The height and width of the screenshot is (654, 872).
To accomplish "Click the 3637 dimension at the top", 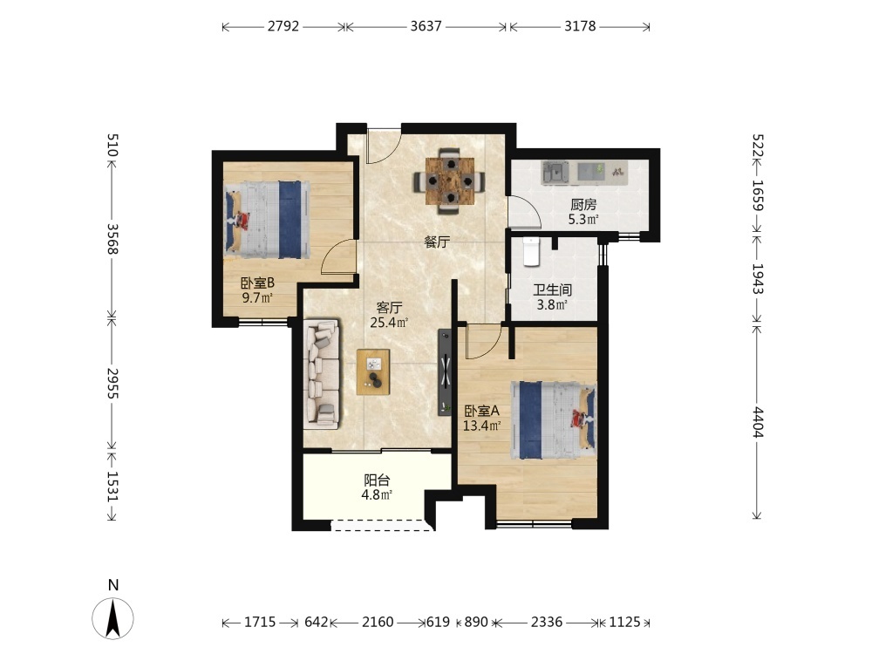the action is tap(426, 26).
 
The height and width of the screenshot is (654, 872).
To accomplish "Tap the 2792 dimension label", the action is tap(283, 26).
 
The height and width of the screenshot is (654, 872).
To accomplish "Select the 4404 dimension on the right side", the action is tap(758, 422).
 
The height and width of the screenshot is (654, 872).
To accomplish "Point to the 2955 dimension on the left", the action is tap(112, 383).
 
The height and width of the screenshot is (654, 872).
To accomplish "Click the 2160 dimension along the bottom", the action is tap(378, 622).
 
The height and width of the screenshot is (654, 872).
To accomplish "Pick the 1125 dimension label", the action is tap(624, 622).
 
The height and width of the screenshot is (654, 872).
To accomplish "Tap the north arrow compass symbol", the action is tap(112, 618).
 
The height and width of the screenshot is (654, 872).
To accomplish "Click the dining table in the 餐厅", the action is tap(449, 181).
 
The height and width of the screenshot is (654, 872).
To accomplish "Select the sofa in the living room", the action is tap(322, 374).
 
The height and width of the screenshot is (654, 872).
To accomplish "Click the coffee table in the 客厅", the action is tap(373, 372).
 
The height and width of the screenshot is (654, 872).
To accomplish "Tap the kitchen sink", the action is tap(555, 172).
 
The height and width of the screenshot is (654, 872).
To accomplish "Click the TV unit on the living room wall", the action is tap(445, 372).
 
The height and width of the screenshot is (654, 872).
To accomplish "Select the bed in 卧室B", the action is tap(267, 220).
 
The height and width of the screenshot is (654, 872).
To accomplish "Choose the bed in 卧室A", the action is tap(554, 420).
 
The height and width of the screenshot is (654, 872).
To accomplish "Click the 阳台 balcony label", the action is tap(377, 480).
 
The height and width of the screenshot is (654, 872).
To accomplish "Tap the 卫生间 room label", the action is tap(552, 290).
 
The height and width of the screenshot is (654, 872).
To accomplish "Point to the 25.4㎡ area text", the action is tap(389, 322).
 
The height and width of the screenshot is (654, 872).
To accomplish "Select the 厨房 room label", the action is tap(583, 205).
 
